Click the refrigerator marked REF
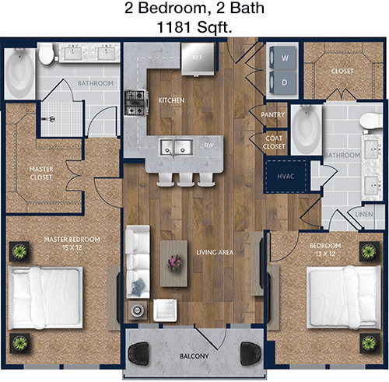click(198, 59)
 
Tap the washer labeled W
click(282, 58)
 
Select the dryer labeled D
click(282, 82)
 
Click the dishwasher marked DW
click(209, 147)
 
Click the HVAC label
click(286, 177)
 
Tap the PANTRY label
click(272, 114)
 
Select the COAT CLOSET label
click(274, 142)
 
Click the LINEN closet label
click(364, 214)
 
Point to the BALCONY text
click(194, 356)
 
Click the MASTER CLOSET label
click(41, 173)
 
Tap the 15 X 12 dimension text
click(72, 247)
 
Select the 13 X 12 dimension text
click(325, 254)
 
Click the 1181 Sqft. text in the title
click(194, 27)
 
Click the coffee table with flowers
click(173, 264)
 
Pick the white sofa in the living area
click(138, 261)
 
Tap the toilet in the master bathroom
click(47, 54)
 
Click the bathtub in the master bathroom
click(19, 73)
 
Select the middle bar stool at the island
click(186, 180)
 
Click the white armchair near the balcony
click(165, 310)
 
